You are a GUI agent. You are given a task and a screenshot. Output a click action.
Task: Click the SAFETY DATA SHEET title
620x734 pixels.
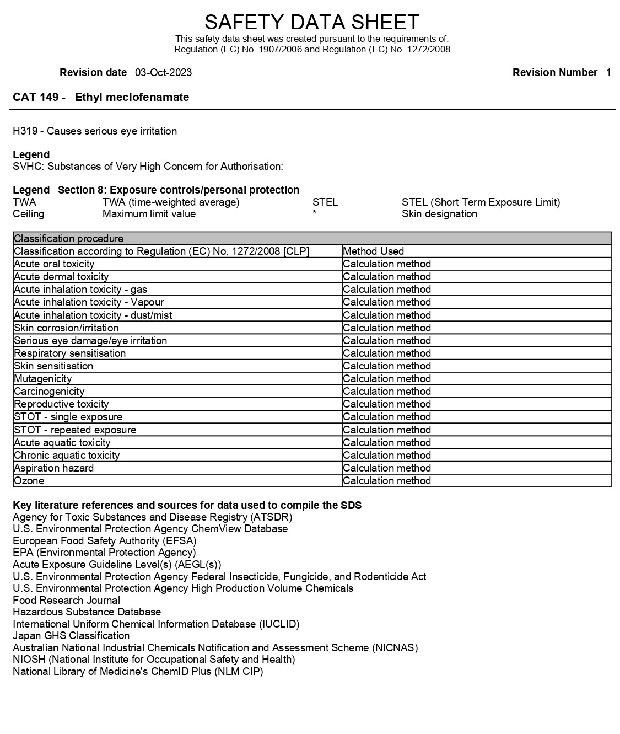pos(311,22)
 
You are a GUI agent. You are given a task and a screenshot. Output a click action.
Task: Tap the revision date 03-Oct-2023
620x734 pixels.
pos(163,73)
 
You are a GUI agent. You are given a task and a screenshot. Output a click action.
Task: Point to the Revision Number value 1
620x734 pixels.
pos(608,73)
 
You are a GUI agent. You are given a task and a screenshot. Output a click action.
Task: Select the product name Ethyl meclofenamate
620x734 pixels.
pos(132,98)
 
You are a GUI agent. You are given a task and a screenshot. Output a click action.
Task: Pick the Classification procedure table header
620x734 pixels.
pos(69,239)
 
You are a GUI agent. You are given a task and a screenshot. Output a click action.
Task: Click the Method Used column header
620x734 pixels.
pos(373,251)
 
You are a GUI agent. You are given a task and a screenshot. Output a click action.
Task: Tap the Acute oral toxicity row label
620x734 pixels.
pos(54,264)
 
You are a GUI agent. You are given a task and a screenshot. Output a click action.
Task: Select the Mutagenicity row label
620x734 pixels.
pos(43,379)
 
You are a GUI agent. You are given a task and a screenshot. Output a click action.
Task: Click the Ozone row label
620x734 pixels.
pos(29,481)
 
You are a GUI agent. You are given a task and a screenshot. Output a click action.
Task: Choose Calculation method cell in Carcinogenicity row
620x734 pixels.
pos(386,392)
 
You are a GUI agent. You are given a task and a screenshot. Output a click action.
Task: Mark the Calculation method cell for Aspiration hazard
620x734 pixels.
pos(386,468)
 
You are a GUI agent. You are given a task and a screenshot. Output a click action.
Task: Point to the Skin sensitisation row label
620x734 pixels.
pos(53,366)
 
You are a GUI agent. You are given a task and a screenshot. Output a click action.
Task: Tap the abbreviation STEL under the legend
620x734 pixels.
pos(325,202)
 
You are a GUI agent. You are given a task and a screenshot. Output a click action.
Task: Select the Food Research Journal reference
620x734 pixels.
pos(66,601)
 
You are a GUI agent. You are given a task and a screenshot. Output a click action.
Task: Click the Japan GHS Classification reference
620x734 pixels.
pos(71,636)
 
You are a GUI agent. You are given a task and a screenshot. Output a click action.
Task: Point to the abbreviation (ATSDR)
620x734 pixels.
pos(271,517)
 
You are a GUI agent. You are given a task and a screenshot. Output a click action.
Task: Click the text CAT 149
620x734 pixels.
pos(36,98)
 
